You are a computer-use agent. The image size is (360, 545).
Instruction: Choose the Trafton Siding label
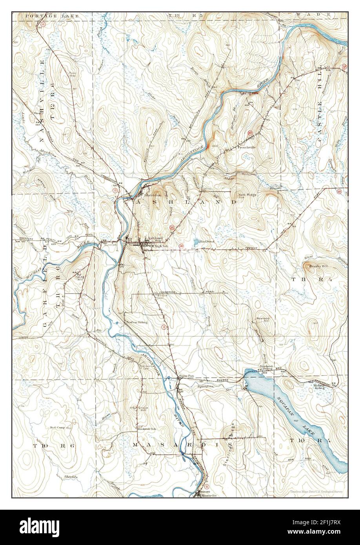(136, 322)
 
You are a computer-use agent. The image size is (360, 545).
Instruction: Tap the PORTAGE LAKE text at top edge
(41, 16)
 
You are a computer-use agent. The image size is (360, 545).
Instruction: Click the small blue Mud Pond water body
(195, 242)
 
